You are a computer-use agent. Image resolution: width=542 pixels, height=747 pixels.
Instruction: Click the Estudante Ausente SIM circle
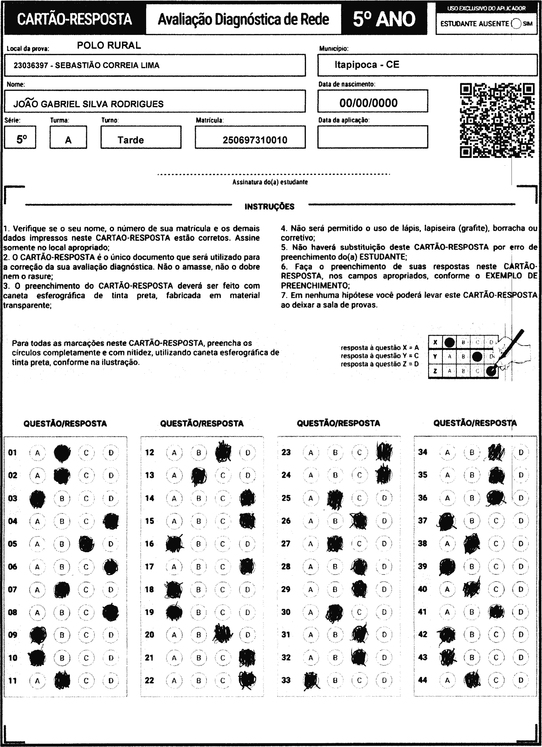(x=516, y=24)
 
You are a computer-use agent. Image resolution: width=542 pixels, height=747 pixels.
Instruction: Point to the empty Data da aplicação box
(x=373, y=137)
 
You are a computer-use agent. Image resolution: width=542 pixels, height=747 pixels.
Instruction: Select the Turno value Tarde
(x=131, y=140)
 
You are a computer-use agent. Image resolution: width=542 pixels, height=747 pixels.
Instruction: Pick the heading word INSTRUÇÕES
(x=269, y=207)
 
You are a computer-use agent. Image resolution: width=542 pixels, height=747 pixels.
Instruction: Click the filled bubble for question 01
(x=62, y=453)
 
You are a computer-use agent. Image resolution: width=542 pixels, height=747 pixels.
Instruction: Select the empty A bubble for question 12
(x=174, y=453)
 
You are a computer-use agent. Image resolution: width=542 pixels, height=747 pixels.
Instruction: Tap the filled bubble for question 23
(x=384, y=452)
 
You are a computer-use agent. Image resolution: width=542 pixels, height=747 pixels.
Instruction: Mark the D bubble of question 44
(x=521, y=680)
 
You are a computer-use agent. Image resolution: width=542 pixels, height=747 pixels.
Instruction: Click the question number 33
(x=286, y=680)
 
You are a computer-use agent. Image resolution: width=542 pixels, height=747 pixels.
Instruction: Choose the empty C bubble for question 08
(x=86, y=612)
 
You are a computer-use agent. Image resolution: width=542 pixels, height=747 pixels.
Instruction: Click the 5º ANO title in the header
(x=384, y=19)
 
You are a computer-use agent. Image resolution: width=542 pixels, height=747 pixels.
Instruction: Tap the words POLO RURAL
(x=109, y=45)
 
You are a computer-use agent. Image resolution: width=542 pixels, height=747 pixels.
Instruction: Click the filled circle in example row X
(x=449, y=343)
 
